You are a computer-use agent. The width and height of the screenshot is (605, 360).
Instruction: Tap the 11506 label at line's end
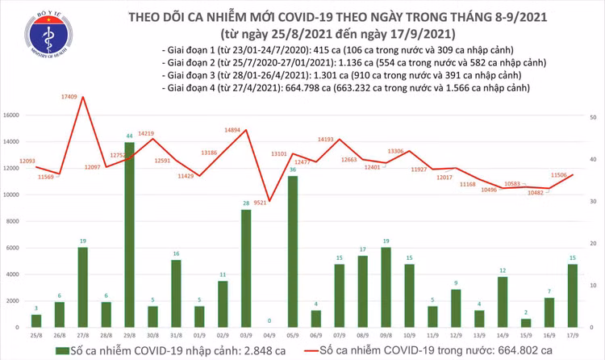(561, 174)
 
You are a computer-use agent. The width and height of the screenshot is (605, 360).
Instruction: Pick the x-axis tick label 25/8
(35, 334)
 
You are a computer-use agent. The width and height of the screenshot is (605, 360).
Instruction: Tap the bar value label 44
(129, 135)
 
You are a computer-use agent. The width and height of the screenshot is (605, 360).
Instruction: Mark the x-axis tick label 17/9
(571, 334)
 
